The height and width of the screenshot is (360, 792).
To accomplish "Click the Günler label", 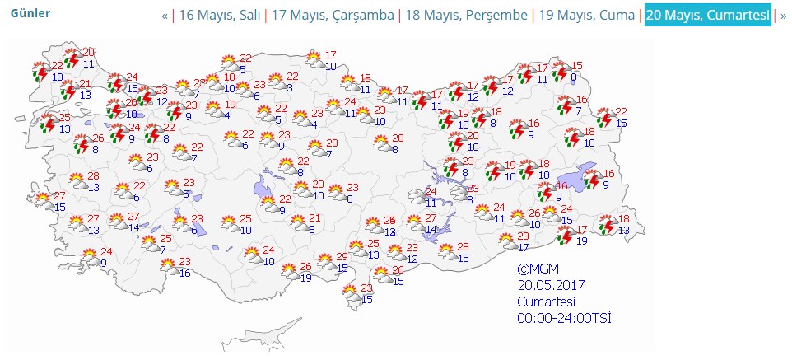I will coord(30,14).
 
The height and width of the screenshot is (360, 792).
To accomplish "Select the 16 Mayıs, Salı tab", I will coord(220,16).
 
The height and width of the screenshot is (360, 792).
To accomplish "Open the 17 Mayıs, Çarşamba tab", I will coord(333,16).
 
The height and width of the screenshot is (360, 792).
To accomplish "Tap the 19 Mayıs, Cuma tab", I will coord(587,16).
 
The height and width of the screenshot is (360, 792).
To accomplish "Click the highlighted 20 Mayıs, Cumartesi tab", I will coord(708,16).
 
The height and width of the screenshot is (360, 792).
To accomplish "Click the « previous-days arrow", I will coord(165,16).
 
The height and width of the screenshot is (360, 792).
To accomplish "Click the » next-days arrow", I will coord(783,16).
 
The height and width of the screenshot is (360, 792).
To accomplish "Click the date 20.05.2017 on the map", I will coord(551,285).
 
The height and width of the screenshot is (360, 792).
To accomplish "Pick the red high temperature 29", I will coord(342,258).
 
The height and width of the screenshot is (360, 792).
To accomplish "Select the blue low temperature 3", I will coord(290,87).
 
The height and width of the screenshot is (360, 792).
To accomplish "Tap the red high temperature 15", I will coord(577,66).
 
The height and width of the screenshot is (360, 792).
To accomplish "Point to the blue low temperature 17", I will coord(524,247).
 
